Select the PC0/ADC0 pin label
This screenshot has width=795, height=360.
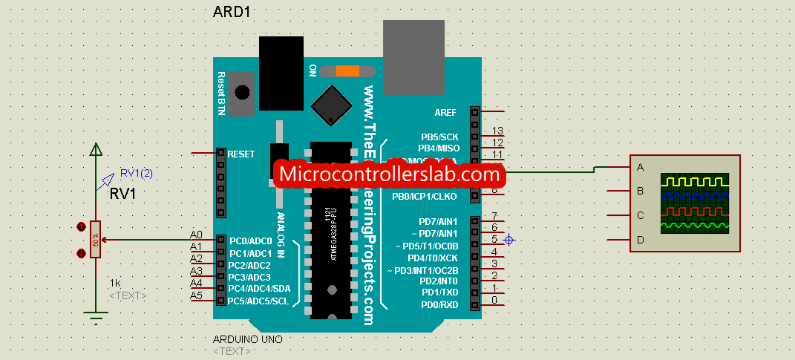click(x=250, y=241)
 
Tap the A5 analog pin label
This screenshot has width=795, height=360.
click(x=196, y=295)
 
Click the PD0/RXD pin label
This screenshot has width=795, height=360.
click(x=440, y=305)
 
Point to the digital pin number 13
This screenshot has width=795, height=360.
click(x=497, y=131)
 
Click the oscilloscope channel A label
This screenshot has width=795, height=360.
click(x=639, y=167)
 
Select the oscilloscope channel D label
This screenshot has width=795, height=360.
click(x=639, y=240)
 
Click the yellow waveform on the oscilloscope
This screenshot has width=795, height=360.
click(x=695, y=181)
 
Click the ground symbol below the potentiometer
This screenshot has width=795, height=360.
click(x=96, y=319)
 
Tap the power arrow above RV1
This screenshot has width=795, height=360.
click(x=96, y=151)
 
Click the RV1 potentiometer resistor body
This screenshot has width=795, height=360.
click(x=96, y=240)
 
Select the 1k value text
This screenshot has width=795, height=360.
click(x=115, y=283)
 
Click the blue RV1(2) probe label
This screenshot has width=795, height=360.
click(x=137, y=174)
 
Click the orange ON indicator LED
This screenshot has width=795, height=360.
click(x=345, y=71)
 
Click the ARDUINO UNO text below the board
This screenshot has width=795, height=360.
click(x=247, y=339)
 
